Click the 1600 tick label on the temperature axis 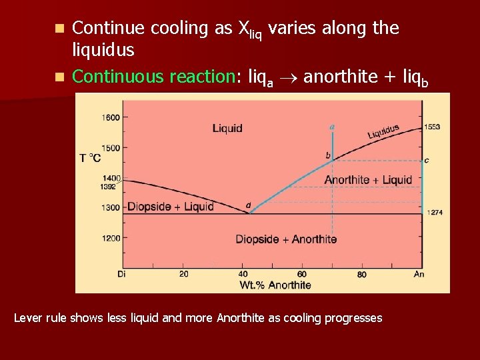[111, 117]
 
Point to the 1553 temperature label [433, 127]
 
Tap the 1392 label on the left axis [109, 187]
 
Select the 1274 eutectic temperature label [435, 212]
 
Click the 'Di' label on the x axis [121, 274]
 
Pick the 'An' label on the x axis [419, 274]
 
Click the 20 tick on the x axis [183, 274]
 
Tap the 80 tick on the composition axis [361, 274]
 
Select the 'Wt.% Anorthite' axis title [275, 285]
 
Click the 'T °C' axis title [91, 158]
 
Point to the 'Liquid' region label [227, 128]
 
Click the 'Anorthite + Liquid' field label [368, 180]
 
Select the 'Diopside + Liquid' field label [171, 207]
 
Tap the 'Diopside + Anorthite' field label [286, 239]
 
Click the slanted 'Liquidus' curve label [383, 131]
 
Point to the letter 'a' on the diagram [333, 125]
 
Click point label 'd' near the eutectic [249, 205]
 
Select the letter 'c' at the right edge [426, 160]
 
